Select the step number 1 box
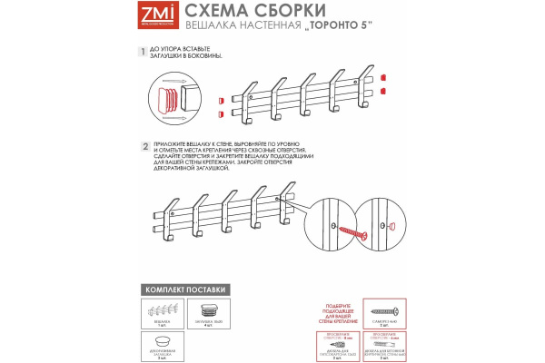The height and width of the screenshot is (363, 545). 143,54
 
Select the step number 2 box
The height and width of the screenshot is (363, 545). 144,145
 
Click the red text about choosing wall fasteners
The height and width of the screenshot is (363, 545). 337,309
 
